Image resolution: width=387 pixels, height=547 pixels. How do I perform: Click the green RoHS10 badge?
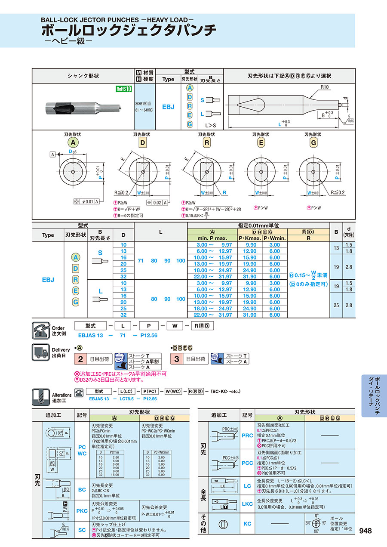click(x=123, y=89)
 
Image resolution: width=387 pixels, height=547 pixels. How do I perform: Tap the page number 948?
click(x=365, y=531)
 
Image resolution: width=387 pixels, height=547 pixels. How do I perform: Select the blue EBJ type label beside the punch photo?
click(x=168, y=106)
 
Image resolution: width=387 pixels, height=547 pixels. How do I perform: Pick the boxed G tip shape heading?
click(x=313, y=142)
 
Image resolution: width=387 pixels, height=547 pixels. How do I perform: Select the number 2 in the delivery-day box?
click(x=80, y=358)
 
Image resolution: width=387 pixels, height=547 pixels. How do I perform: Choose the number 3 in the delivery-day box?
click(x=176, y=358)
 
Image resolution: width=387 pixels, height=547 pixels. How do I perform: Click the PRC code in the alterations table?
click(x=247, y=436)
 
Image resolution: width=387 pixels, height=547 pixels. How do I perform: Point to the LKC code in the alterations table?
click(x=247, y=504)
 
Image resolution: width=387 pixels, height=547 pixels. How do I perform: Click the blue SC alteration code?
click(x=82, y=530)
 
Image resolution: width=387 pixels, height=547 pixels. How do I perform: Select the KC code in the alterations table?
click(x=247, y=524)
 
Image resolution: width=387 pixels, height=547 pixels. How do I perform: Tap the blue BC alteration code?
click(x=82, y=490)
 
